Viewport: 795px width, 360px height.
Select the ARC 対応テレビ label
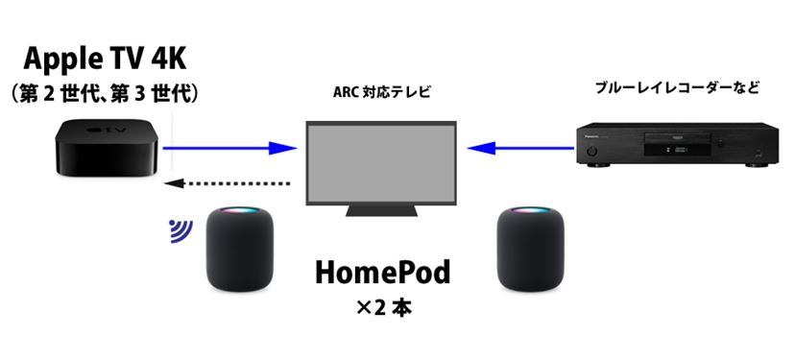(377, 94)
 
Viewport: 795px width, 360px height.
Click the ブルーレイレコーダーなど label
(677, 88)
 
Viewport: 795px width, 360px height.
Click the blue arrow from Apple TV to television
(229, 148)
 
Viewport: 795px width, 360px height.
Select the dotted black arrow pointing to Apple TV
(227, 182)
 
